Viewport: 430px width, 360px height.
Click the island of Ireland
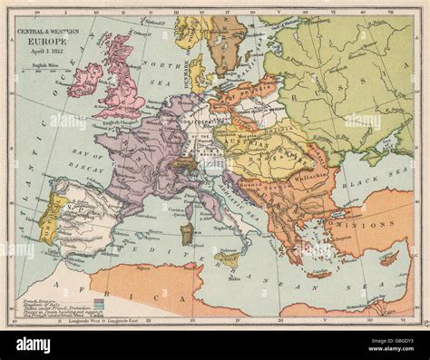pyautogui.click(x=84, y=80)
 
